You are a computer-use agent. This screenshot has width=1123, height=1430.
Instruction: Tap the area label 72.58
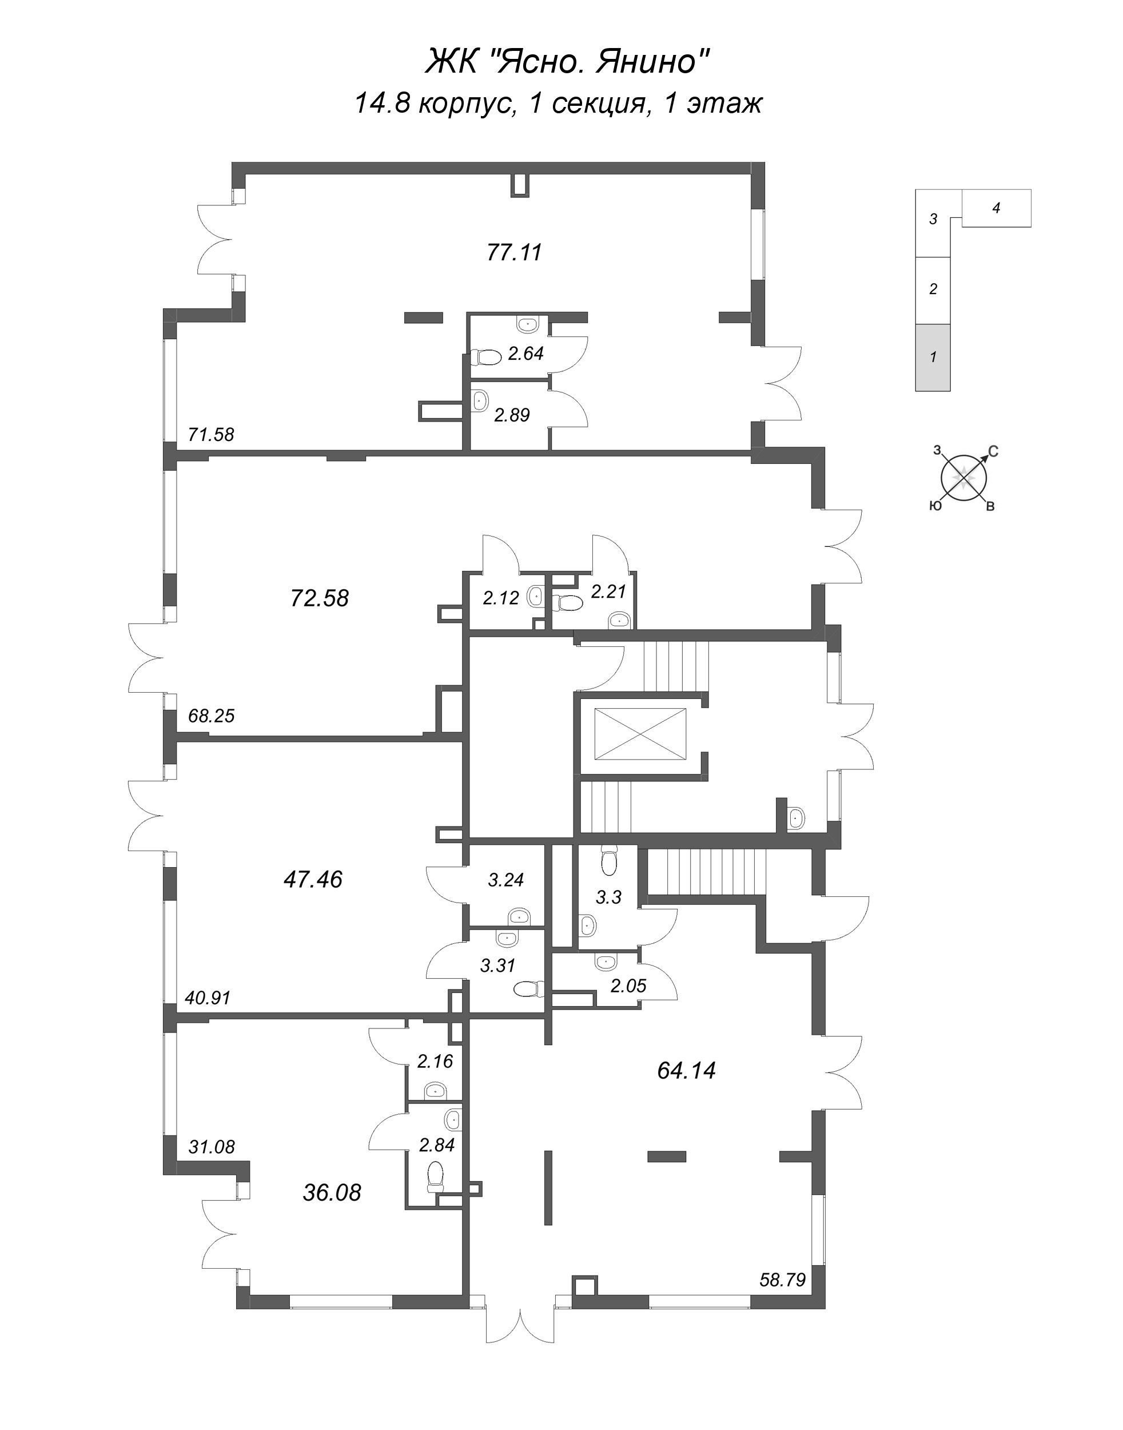320,598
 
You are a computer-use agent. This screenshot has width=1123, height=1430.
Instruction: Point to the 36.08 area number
332,1192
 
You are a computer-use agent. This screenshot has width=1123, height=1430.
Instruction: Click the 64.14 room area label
686,1070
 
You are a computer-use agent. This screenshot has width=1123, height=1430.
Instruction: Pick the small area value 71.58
211,434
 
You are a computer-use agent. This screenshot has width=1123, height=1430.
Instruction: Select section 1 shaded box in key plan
933,357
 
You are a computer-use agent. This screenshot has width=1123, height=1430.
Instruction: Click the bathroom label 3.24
505,879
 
